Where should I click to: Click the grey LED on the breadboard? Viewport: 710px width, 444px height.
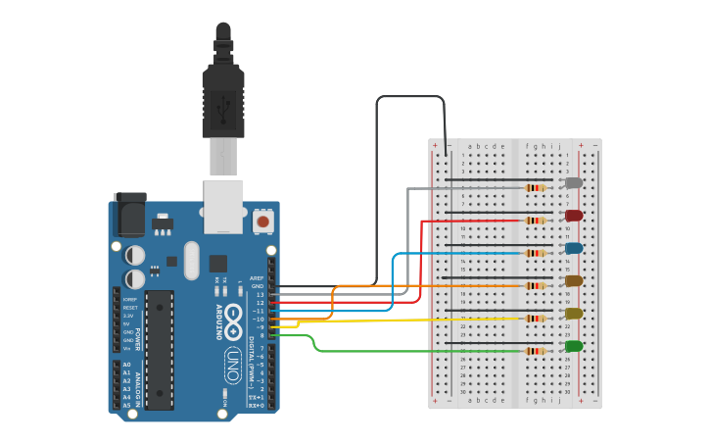click(x=574, y=182)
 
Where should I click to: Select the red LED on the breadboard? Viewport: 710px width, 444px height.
click(x=574, y=215)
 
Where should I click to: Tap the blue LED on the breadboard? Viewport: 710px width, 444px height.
click(x=574, y=248)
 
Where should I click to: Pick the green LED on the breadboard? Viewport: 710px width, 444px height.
click(x=574, y=346)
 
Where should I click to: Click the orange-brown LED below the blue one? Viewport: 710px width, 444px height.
click(x=574, y=280)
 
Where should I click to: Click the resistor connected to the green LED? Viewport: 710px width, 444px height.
click(x=535, y=351)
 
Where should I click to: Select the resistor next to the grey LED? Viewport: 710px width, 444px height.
click(x=535, y=187)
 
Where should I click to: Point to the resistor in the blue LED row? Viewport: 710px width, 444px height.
click(x=535, y=253)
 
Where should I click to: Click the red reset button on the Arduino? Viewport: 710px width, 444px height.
click(x=262, y=222)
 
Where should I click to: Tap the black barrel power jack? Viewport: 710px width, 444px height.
click(x=129, y=213)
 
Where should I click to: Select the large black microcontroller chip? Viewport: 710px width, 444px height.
click(x=159, y=348)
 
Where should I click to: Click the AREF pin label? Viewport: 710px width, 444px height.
click(x=257, y=278)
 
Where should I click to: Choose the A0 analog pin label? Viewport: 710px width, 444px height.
click(x=126, y=365)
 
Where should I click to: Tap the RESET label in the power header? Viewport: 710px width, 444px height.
click(x=129, y=308)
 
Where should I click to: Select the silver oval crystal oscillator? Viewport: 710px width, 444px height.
click(x=191, y=261)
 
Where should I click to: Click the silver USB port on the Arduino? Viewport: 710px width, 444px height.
click(x=223, y=206)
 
